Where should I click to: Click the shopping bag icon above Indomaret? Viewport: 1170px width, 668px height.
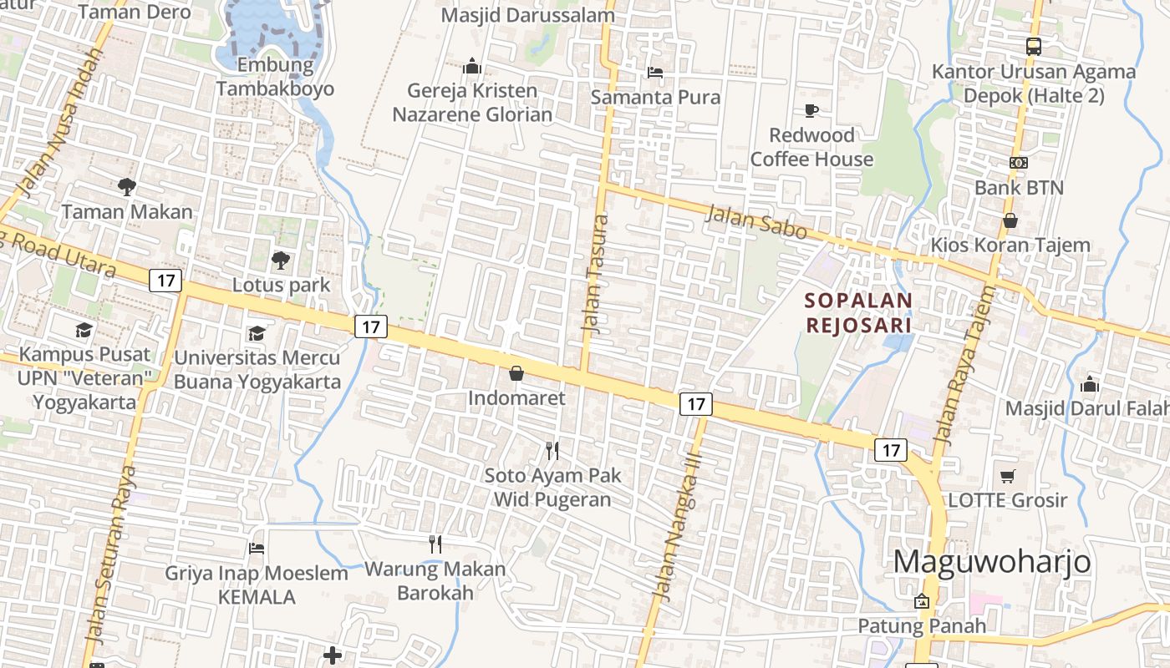pyautogui.click(x=516, y=373)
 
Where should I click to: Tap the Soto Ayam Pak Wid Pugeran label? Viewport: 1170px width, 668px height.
pyautogui.click(x=552, y=488)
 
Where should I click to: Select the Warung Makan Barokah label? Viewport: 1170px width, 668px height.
pyautogui.click(x=435, y=581)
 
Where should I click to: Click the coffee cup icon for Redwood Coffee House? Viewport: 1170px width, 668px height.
pyautogui.click(x=811, y=110)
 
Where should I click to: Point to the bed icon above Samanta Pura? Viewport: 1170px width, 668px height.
pyautogui.click(x=655, y=73)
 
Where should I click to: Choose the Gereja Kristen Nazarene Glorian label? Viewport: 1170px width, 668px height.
pyautogui.click(x=472, y=103)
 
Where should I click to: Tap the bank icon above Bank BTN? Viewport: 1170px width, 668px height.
pyautogui.click(x=1018, y=163)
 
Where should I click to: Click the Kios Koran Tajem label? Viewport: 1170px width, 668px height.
pyautogui.click(x=1010, y=245)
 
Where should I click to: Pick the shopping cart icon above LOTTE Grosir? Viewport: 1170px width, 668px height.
pyautogui.click(x=1008, y=476)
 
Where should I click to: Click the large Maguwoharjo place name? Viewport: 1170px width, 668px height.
pyautogui.click(x=992, y=561)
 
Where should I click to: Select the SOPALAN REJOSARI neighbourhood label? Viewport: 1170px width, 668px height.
pyautogui.click(x=858, y=311)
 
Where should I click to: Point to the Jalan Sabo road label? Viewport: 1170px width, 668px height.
pyautogui.click(x=757, y=222)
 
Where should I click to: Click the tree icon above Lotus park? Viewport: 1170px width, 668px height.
pyautogui.click(x=281, y=261)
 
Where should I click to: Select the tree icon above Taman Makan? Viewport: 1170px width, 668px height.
pyautogui.click(x=127, y=187)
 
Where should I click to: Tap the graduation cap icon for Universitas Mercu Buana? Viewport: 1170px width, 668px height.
pyautogui.click(x=257, y=333)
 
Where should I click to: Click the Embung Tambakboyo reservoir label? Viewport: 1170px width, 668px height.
pyautogui.click(x=274, y=77)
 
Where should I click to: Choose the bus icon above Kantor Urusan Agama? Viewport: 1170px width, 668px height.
pyautogui.click(x=1034, y=47)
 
